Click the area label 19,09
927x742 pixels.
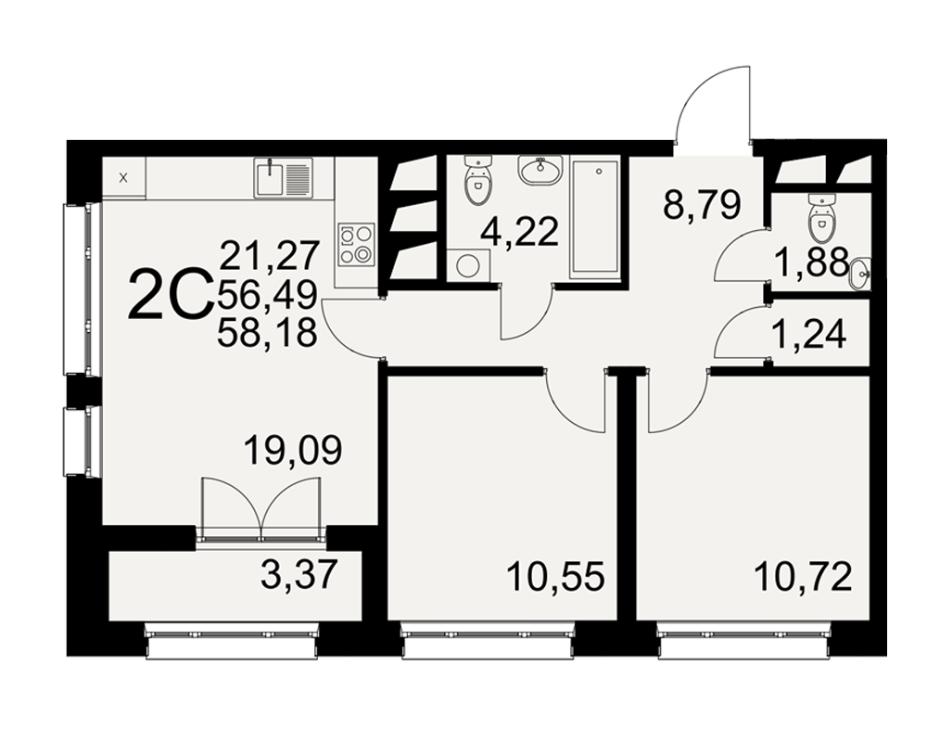click(293, 450)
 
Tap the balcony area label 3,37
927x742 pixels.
click(298, 574)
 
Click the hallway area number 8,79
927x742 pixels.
click(702, 205)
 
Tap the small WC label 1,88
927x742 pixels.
click(812, 262)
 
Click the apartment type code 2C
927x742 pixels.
click(171, 293)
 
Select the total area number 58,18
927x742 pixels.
click(268, 333)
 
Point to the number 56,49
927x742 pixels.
click(268, 294)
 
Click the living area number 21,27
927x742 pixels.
click(270, 255)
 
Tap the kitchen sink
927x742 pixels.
click(283, 177)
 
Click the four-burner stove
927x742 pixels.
click(357, 243)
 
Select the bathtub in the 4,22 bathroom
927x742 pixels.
click(594, 218)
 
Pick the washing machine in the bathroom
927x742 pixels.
click(468, 265)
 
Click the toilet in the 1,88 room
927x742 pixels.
click(821, 216)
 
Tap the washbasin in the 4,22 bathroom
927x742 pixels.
click(540, 170)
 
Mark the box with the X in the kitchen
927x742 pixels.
click(123, 177)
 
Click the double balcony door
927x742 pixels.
click(260, 508)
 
